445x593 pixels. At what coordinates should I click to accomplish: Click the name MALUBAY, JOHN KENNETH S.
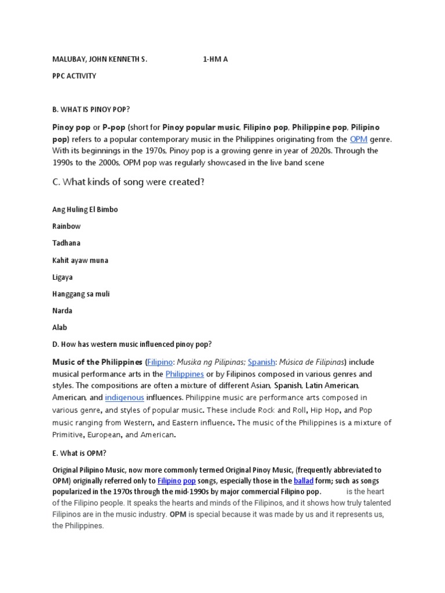tap(100, 59)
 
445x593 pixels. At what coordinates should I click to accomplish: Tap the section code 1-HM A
tap(216, 59)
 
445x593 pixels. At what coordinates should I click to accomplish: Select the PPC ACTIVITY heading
tap(74, 76)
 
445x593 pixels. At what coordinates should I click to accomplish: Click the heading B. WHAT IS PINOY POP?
tap(91, 109)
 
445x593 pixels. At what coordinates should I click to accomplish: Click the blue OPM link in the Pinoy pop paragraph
tap(359, 139)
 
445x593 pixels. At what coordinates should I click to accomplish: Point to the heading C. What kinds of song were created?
tap(128, 182)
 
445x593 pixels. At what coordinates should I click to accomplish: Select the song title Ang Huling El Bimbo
tap(85, 209)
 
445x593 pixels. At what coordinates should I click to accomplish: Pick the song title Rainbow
tap(67, 226)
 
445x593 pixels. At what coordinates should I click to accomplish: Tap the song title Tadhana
tap(67, 243)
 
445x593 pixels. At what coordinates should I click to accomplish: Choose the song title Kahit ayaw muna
tap(81, 260)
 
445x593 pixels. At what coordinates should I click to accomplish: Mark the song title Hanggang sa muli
tap(81, 294)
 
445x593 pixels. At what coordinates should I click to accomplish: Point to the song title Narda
tap(63, 310)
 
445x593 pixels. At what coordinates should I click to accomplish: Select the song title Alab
tap(60, 327)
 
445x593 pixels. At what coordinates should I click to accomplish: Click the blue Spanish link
tap(261, 362)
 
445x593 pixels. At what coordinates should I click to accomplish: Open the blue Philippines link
tap(185, 374)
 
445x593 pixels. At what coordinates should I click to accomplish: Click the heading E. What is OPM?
tap(79, 454)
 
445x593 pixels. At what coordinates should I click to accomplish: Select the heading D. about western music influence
tap(132, 344)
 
